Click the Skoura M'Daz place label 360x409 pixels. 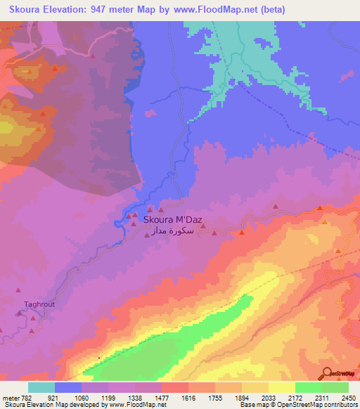(x=172, y=219)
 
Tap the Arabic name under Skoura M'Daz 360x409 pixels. (x=172, y=231)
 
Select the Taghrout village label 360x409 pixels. (x=39, y=304)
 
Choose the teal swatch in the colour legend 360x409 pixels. (x=41, y=387)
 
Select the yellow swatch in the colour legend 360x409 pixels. (x=281, y=387)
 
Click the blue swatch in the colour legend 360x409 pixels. (x=67, y=387)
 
